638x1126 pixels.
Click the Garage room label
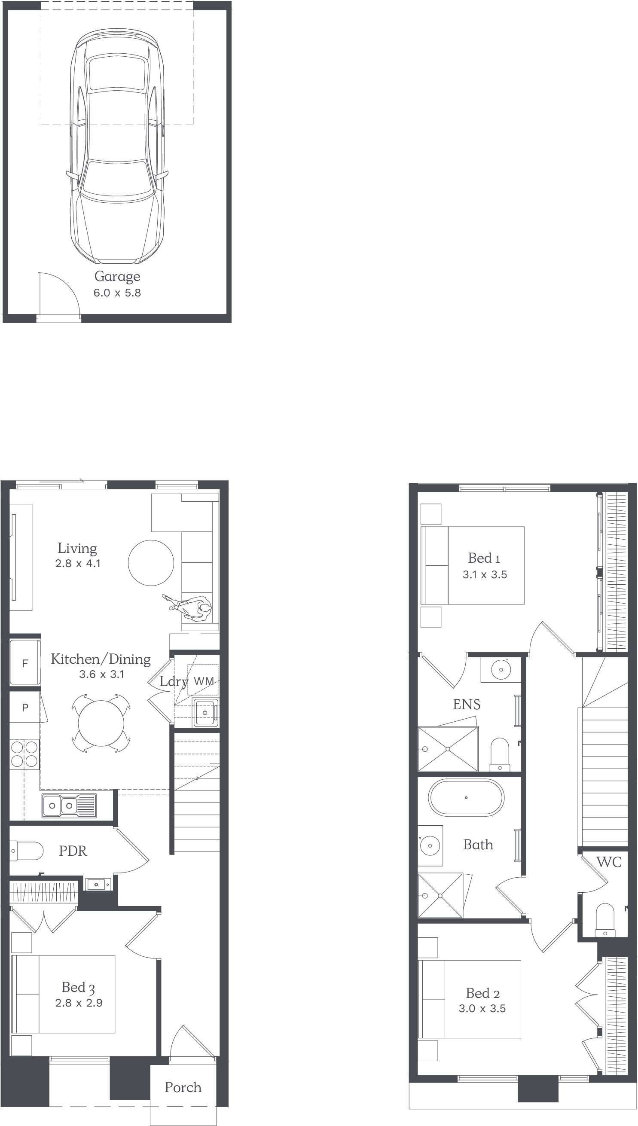pyautogui.click(x=117, y=277)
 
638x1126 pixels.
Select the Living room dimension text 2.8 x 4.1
pyautogui.click(x=78, y=564)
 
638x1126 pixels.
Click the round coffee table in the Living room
pyautogui.click(x=151, y=562)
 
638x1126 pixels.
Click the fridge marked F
pyautogui.click(x=25, y=663)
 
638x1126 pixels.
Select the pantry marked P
pyautogui.click(x=25, y=707)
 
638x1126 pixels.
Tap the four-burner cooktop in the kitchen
pyautogui.click(x=24, y=754)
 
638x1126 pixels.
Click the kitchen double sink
pyautogui.click(x=69, y=805)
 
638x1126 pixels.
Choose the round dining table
pyautogui.click(x=101, y=723)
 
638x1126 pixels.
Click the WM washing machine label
pyautogui.click(x=204, y=681)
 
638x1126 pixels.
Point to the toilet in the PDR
pyautogui.click(x=26, y=851)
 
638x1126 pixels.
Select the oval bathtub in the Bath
pyautogui.click(x=466, y=797)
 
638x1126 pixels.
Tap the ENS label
pyautogui.click(x=467, y=705)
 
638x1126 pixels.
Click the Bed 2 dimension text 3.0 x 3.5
pyautogui.click(x=482, y=1009)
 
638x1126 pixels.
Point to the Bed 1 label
pyautogui.click(x=484, y=558)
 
